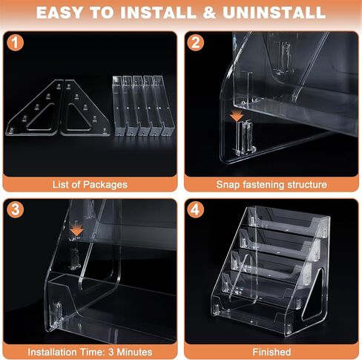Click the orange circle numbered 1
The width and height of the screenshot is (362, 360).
tap(16, 42)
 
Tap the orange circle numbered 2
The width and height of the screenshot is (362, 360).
tap(195, 42)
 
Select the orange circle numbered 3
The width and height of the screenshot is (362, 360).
tap(16, 209)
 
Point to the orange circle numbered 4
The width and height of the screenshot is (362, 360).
tap(195, 209)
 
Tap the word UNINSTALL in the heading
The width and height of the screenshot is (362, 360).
tap(274, 13)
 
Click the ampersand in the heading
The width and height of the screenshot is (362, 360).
tap(209, 13)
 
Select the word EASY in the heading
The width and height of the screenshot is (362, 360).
tap(59, 13)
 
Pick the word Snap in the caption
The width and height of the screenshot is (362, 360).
tap(228, 185)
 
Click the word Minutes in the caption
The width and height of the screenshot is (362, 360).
tap(134, 352)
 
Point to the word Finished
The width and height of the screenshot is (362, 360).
tap(271, 352)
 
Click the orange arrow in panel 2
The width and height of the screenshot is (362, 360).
tap(237, 116)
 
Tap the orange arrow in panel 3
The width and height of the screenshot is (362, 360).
tap(76, 230)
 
